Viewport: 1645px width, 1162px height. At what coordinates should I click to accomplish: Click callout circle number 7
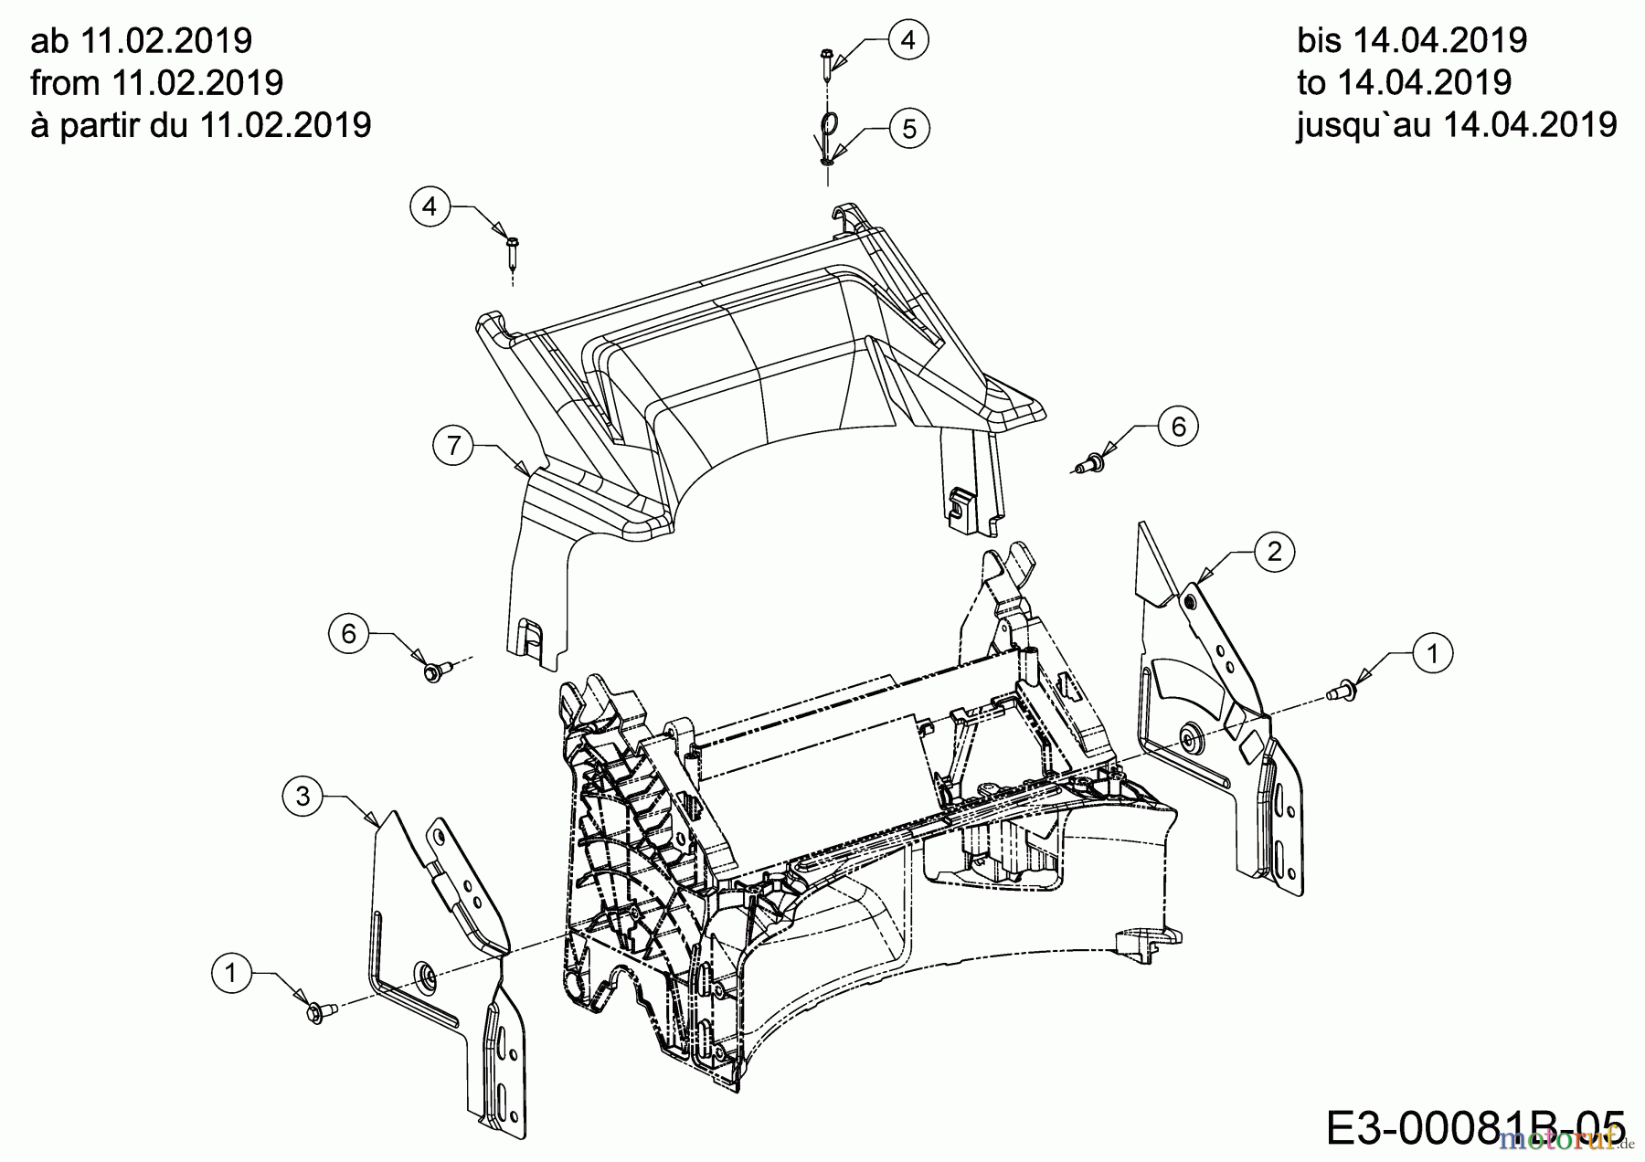click(x=453, y=446)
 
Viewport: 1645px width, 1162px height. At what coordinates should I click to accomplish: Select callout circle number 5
click(x=908, y=129)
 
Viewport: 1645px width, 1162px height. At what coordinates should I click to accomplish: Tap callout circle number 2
click(x=1275, y=552)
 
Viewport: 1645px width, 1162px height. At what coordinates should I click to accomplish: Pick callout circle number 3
click(x=302, y=797)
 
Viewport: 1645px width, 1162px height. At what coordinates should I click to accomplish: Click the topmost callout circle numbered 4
click(x=907, y=40)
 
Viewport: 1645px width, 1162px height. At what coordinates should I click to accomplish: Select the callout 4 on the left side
click(x=430, y=206)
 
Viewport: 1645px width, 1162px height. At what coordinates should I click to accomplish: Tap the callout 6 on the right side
click(x=1178, y=427)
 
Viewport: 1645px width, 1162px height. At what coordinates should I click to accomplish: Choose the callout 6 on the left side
click(x=348, y=633)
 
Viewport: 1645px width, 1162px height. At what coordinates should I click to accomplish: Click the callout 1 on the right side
click(x=1432, y=653)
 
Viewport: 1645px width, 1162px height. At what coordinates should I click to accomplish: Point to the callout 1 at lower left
click(x=231, y=974)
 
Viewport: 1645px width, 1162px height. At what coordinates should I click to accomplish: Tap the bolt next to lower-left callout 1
click(x=320, y=1012)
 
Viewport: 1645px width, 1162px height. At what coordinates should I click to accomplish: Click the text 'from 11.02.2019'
click(x=157, y=83)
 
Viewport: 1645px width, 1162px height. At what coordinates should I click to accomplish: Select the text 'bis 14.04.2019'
click(x=1412, y=40)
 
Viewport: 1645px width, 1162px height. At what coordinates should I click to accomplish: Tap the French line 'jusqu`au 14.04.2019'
click(x=1457, y=124)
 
